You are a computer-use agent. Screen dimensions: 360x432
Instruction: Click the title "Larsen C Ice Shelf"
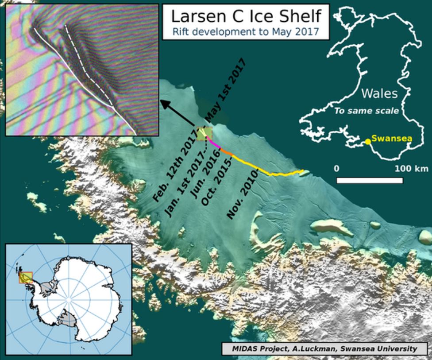click(245, 16)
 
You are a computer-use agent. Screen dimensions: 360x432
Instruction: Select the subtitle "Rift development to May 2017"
click(245, 31)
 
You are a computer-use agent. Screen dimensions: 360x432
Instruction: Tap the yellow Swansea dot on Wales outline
click(367, 142)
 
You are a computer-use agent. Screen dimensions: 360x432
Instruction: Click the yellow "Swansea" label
click(391, 139)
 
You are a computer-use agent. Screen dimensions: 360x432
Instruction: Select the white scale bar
click(370, 180)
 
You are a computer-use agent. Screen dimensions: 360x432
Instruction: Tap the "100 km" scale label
click(412, 169)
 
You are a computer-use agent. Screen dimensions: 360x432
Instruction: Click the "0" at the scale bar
click(337, 169)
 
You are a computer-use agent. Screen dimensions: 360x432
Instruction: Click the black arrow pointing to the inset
click(177, 113)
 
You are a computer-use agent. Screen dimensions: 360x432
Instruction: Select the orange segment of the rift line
click(226, 152)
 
